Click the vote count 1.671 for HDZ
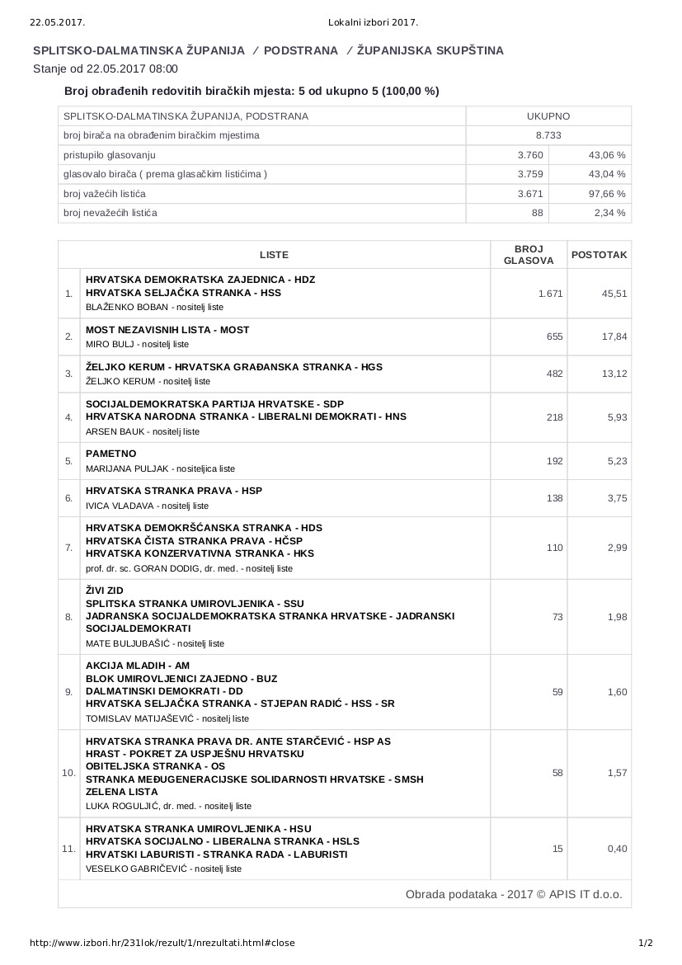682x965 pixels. (550, 294)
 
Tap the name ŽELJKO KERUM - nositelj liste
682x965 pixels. (148, 381)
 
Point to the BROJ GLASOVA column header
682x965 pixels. (528, 255)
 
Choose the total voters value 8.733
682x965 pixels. (548, 135)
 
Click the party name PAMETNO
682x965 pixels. (111, 454)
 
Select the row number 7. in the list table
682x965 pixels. (68, 548)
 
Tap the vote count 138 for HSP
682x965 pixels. (554, 498)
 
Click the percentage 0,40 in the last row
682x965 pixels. (617, 849)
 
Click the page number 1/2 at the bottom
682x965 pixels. (646, 943)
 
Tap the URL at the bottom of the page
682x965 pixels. (162, 943)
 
